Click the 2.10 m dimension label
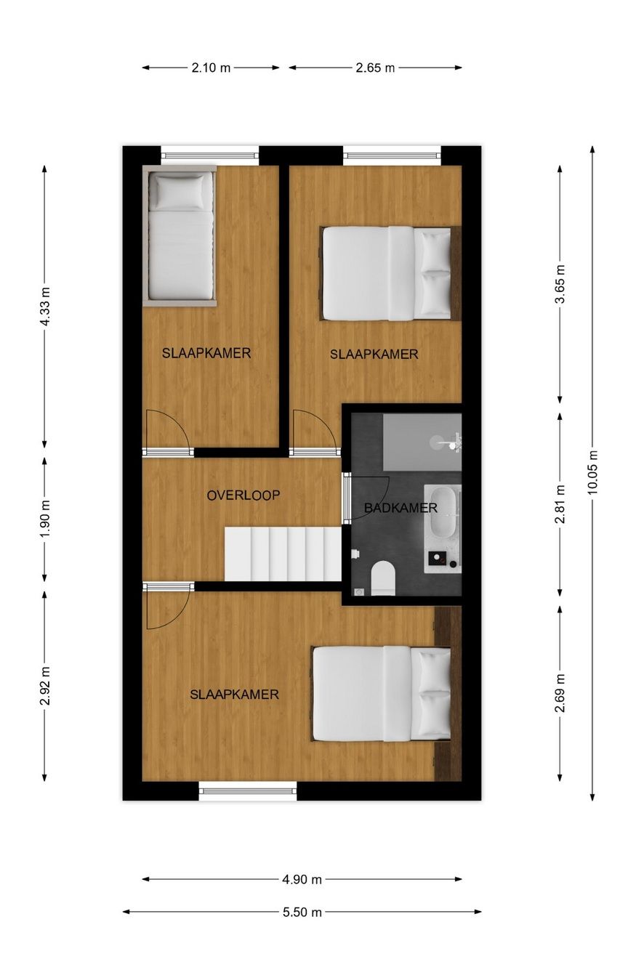pyautogui.click(x=211, y=68)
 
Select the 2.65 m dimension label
pyautogui.click(x=375, y=68)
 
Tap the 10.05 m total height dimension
pyautogui.click(x=592, y=473)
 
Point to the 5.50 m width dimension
pyautogui.click(x=302, y=912)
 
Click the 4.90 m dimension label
pyautogui.click(x=302, y=879)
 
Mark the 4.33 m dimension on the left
pyautogui.click(x=45, y=307)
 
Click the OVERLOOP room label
pyautogui.click(x=243, y=495)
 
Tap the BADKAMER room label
pyautogui.click(x=400, y=508)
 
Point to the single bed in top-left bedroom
pyautogui.click(x=181, y=236)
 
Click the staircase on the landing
pyautogui.click(x=283, y=554)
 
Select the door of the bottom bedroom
pyautogui.click(x=167, y=607)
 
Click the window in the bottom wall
pyautogui.click(x=248, y=791)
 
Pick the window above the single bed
pyautogui.click(x=209, y=154)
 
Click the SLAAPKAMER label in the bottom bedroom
pyautogui.click(x=234, y=695)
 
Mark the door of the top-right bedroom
pyautogui.click(x=315, y=432)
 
